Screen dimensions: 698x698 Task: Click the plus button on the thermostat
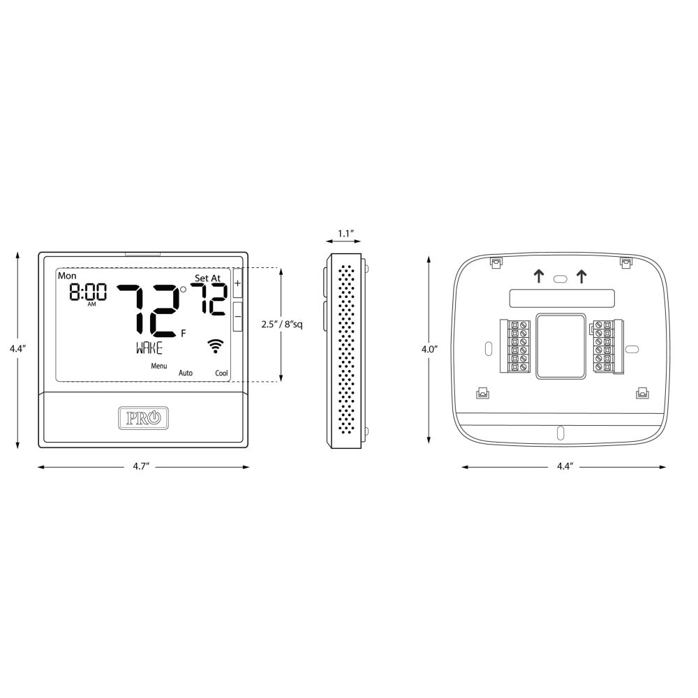pyautogui.click(x=238, y=283)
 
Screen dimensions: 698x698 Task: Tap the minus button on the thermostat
pyautogui.click(x=238, y=316)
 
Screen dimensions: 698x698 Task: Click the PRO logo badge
pyautogui.click(x=143, y=418)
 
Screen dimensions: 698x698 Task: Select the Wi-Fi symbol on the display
pyautogui.click(x=216, y=346)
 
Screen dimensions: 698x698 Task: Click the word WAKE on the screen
pyautogui.click(x=149, y=348)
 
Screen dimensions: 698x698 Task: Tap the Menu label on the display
pyautogui.click(x=159, y=366)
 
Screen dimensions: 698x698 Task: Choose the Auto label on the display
pyautogui.click(x=186, y=373)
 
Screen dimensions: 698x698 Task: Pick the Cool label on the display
pyautogui.click(x=222, y=373)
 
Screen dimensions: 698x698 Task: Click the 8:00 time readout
pyautogui.click(x=88, y=292)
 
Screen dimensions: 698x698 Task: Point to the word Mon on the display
pyautogui.click(x=67, y=276)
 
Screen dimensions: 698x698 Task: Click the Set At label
pyautogui.click(x=207, y=279)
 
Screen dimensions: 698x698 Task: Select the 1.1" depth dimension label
pyautogui.click(x=346, y=233)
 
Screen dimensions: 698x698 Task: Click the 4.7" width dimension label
pyautogui.click(x=141, y=466)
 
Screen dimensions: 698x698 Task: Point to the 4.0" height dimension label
pyautogui.click(x=429, y=349)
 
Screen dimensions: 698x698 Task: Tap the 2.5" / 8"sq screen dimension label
pyautogui.click(x=282, y=324)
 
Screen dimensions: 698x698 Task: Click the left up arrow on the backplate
pyautogui.click(x=539, y=276)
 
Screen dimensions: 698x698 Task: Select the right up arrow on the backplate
pyautogui.click(x=581, y=276)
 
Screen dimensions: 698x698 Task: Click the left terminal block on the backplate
pyautogui.click(x=515, y=346)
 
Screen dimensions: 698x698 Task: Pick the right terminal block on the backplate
pyautogui.click(x=608, y=346)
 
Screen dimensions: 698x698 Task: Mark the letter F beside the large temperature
pyautogui.click(x=184, y=334)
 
